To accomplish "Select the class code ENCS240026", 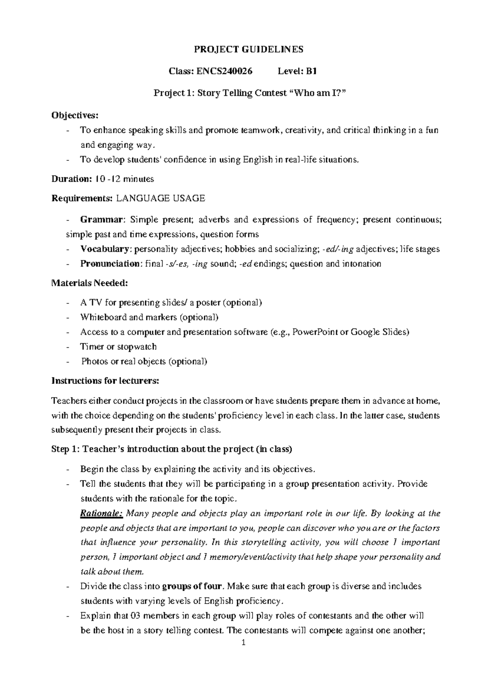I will pos(224,71).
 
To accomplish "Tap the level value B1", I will pos(312,71).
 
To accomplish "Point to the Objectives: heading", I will pos(74,115).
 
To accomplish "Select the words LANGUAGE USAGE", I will pos(161,198).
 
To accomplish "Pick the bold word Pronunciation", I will pos(109,264).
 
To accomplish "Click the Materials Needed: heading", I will pos(89,283).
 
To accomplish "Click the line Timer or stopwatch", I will pos(118,346).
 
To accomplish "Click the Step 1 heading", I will pos(171,449).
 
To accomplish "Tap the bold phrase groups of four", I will pos(192,586).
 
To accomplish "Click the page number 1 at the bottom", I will pos(243,643).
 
